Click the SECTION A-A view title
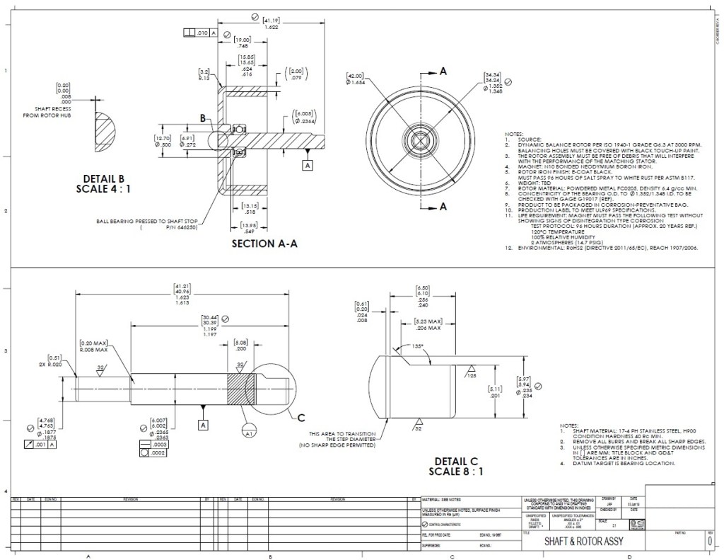click(x=264, y=244)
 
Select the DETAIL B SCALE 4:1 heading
click(x=103, y=183)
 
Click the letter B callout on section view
click(x=203, y=119)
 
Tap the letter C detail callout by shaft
click(x=301, y=416)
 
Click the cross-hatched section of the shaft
click(x=240, y=387)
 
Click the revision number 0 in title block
click(x=709, y=541)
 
